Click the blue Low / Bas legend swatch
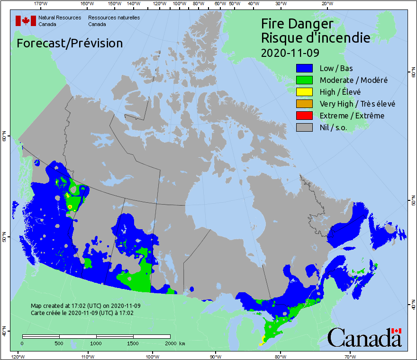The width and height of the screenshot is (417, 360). pos(303,68)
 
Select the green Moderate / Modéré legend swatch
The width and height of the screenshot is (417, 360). pos(303,80)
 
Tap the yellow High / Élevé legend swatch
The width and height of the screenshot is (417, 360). pos(303,92)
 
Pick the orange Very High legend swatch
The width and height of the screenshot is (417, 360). pos(303,104)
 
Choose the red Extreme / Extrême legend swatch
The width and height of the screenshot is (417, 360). pos(303,116)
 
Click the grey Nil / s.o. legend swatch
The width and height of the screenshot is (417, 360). pos(303,127)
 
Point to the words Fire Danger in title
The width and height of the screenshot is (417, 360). pos(297,24)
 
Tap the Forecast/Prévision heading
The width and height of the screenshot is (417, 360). pos(70,43)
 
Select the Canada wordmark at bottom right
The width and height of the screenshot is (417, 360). pos(364,337)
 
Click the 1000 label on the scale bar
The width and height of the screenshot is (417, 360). pos(96,343)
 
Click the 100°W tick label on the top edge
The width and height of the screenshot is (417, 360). pos(179,4)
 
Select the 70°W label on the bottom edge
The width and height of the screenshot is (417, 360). pos(350,356)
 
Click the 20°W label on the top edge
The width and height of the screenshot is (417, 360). pos(326,4)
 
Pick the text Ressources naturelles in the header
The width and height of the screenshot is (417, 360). pos(114,18)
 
